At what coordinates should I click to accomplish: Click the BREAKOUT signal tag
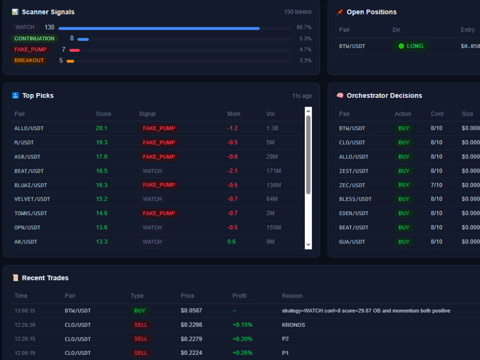(x=29, y=60)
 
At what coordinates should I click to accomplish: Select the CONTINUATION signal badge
(x=34, y=38)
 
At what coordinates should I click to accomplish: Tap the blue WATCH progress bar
(x=159, y=28)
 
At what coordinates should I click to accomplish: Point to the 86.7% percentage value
(x=304, y=27)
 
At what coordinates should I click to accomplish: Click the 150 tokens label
(x=298, y=12)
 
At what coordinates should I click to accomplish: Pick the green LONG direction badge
(x=410, y=46)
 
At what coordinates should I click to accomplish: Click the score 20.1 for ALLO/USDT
(x=101, y=128)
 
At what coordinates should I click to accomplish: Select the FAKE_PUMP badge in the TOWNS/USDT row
(x=158, y=214)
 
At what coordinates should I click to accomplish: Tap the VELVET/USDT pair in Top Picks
(x=32, y=199)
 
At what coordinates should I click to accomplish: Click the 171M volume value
(x=274, y=171)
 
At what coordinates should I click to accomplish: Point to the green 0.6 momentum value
(x=231, y=242)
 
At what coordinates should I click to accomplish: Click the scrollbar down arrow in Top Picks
(x=308, y=245)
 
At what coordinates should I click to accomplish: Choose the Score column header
(x=104, y=114)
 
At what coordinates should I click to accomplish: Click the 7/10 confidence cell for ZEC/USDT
(x=436, y=185)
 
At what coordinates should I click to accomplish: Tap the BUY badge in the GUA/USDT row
(x=404, y=242)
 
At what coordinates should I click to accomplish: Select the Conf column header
(x=437, y=114)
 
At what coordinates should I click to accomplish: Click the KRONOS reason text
(x=293, y=325)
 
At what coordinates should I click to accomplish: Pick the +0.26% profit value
(x=242, y=353)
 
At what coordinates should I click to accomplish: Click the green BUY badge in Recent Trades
(x=140, y=311)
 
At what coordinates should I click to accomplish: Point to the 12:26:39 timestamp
(x=25, y=325)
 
